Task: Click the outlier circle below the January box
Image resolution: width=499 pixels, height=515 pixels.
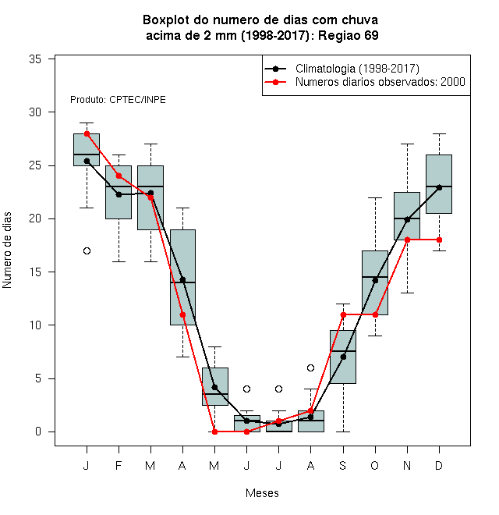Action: (87, 251)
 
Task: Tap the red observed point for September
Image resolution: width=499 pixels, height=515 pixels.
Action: (343, 314)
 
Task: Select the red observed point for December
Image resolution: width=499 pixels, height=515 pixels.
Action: (439, 240)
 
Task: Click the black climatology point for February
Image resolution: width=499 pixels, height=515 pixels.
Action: (119, 194)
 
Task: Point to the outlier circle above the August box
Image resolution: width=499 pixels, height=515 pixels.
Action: (310, 368)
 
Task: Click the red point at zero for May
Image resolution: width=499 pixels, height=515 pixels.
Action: (214, 432)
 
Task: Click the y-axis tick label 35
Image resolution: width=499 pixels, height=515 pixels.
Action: (35, 59)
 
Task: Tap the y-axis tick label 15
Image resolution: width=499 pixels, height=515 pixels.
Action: (35, 272)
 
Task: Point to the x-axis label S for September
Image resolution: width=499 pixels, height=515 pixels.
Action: (343, 465)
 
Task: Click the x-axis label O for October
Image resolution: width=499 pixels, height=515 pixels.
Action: (374, 465)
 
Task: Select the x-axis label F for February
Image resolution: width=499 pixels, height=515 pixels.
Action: (119, 465)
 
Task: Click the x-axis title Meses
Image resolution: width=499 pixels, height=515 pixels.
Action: (262, 493)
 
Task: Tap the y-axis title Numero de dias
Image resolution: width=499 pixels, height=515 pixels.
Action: (7, 250)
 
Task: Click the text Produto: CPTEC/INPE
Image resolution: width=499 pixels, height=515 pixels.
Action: (118, 100)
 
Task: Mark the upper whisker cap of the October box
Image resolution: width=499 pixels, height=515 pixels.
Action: (375, 197)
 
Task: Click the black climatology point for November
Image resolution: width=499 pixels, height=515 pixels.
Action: (408, 220)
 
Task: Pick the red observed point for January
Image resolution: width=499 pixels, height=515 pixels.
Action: (87, 133)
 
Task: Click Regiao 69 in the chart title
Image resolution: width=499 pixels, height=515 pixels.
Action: (349, 35)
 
